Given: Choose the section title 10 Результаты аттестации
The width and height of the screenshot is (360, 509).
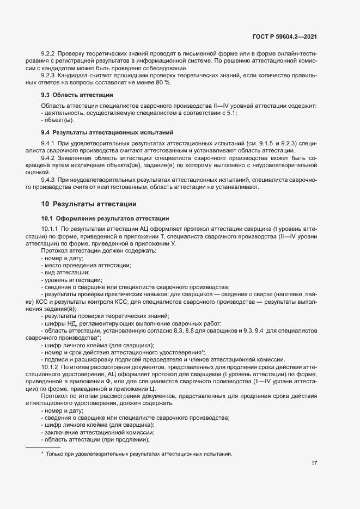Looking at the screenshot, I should click(89, 204).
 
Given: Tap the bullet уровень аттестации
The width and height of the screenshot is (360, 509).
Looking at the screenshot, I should click(74, 279).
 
